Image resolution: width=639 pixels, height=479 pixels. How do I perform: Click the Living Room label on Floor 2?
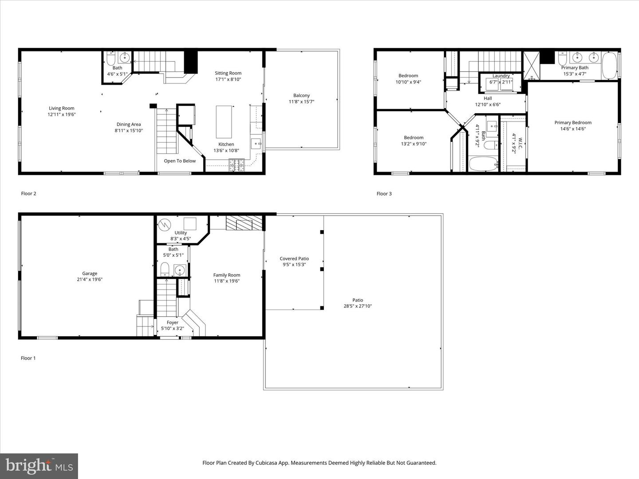(x=61, y=108)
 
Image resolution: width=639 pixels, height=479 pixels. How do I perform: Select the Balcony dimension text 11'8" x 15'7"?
(x=301, y=102)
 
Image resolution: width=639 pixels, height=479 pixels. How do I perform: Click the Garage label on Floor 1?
(x=89, y=274)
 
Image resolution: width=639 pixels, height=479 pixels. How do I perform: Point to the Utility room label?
(x=181, y=233)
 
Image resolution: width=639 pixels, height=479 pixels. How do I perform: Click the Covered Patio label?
(x=294, y=259)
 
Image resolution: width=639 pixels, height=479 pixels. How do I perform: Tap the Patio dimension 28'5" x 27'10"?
(x=358, y=306)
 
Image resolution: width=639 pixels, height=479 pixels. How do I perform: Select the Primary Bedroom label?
(x=572, y=123)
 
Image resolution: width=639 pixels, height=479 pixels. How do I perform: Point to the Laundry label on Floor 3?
(x=501, y=76)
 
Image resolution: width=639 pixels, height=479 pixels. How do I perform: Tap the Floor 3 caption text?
(x=384, y=194)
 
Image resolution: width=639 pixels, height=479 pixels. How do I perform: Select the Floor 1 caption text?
(x=28, y=358)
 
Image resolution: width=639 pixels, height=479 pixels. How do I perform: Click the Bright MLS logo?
(x=39, y=466)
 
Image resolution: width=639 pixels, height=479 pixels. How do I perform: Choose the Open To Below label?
(x=180, y=161)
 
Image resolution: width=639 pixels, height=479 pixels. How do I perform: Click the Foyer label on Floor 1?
(x=172, y=323)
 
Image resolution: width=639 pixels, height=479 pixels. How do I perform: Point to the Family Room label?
(x=226, y=275)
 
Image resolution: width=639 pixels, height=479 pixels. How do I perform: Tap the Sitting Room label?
(x=228, y=73)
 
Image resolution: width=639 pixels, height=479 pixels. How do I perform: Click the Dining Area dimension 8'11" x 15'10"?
(x=129, y=130)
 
